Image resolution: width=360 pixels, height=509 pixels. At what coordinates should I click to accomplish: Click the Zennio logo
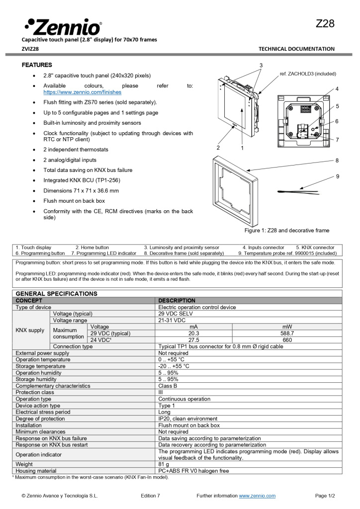click(63, 26)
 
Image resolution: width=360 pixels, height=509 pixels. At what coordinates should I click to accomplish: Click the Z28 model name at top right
click(325, 24)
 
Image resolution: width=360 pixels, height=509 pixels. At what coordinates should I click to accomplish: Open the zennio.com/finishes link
click(82, 92)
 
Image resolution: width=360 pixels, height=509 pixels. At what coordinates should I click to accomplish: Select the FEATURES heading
click(37, 65)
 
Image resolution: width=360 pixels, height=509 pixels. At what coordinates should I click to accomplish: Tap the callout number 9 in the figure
click(337, 176)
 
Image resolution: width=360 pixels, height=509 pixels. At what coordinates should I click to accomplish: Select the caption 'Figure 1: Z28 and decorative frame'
click(286, 231)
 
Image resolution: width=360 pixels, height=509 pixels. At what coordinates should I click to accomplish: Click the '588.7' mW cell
click(287, 334)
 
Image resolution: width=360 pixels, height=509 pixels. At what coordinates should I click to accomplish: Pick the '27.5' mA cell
click(194, 340)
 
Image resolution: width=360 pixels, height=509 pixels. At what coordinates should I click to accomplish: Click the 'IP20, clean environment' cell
click(187, 419)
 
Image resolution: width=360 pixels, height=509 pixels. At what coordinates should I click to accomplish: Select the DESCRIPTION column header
click(177, 301)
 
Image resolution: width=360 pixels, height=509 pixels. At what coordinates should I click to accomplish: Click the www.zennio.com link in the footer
click(257, 496)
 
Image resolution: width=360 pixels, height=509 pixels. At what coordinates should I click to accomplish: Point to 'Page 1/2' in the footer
click(325, 496)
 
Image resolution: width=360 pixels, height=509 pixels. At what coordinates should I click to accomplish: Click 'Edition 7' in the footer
click(150, 496)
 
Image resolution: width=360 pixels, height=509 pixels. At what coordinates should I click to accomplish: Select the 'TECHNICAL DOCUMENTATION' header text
click(296, 49)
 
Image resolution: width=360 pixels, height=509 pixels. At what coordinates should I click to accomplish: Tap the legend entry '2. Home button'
click(92, 247)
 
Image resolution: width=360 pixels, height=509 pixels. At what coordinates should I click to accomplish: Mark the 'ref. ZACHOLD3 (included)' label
click(308, 74)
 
